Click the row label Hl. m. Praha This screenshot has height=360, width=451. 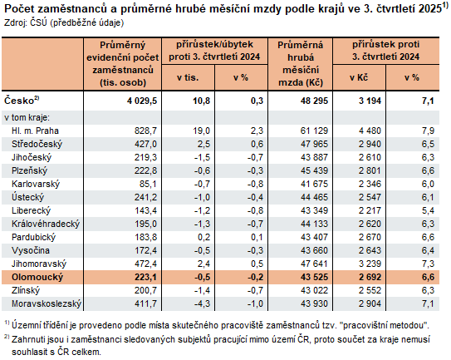click(x=36, y=131)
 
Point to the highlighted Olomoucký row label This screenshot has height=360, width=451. click(x=34, y=277)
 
